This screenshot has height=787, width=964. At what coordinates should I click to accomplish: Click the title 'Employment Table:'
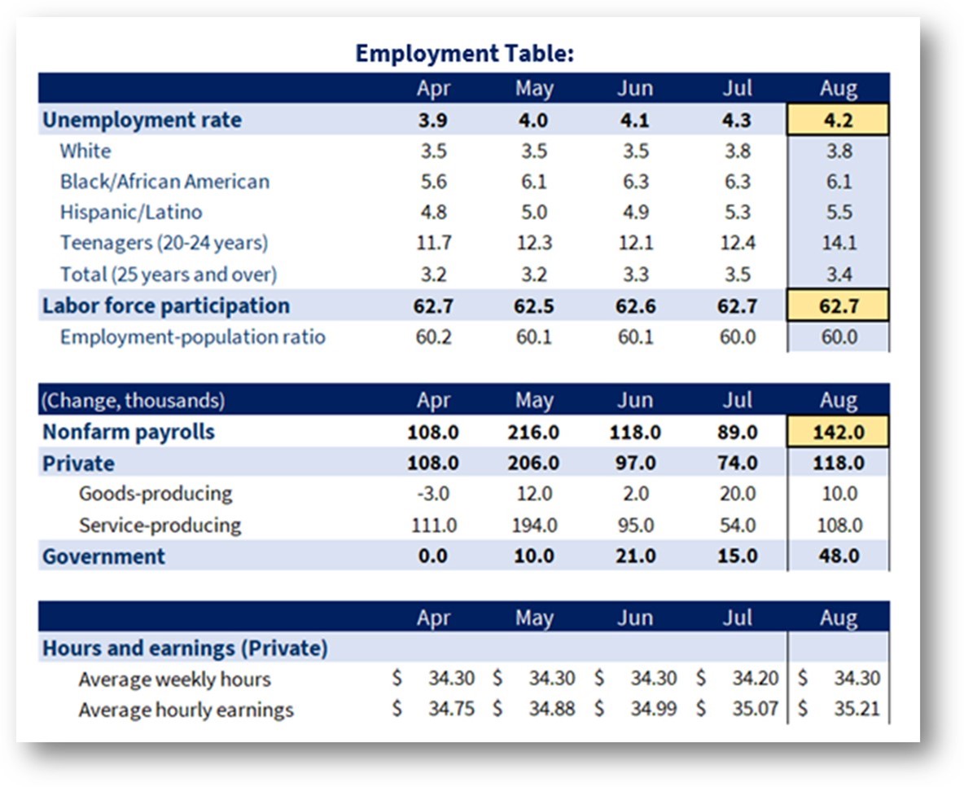pos(464,54)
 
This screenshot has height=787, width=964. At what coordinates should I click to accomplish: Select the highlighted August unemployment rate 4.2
pos(838,120)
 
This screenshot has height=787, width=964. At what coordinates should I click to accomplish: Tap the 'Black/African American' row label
pos(164,182)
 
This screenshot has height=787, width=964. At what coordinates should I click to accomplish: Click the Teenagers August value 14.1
pos(839,243)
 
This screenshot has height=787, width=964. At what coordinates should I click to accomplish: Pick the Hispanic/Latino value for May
pos(533,213)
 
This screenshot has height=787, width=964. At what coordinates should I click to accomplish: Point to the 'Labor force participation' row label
pos(165,306)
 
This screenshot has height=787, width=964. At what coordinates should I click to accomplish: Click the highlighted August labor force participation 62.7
pos(838,306)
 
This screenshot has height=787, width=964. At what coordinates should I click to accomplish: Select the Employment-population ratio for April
pos(433,337)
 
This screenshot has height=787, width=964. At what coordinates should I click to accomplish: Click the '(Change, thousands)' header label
pos(133,401)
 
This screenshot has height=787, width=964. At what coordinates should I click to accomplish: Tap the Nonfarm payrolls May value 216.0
pos(533,432)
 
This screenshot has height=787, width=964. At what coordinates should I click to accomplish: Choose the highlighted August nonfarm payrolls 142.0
pos(838,431)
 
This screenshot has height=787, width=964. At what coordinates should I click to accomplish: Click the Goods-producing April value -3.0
pos(433,494)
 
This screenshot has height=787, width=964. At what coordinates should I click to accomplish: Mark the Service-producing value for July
pos(737,525)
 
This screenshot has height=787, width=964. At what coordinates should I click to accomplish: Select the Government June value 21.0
pos(635,556)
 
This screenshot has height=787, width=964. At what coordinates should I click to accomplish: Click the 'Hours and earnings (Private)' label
pos(185,648)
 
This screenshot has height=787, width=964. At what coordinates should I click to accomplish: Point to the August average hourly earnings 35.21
pos(857,708)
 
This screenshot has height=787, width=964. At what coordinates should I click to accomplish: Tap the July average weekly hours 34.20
pos(755,678)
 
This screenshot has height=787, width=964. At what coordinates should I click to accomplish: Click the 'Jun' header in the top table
pos(635,88)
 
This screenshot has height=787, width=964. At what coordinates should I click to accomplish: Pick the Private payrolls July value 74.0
pos(737,463)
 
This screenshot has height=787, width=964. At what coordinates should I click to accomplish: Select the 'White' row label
pos(85,151)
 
